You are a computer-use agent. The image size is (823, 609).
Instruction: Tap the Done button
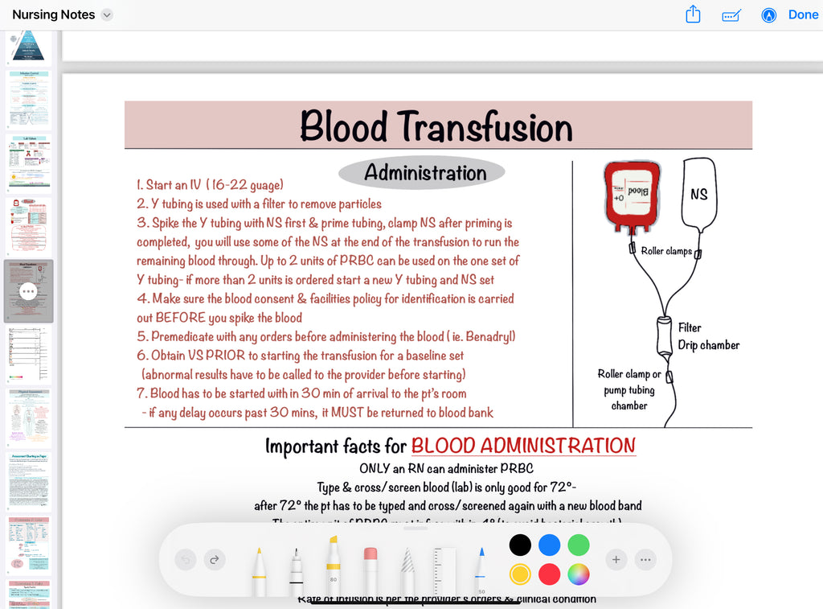(803, 14)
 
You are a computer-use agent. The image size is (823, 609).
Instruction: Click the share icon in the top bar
(693, 14)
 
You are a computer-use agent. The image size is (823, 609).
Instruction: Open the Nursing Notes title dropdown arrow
(108, 14)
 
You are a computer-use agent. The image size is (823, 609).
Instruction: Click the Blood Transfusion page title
(436, 127)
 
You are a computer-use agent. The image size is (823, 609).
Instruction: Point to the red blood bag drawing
(633, 192)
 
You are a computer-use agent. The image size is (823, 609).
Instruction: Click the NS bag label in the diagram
(698, 194)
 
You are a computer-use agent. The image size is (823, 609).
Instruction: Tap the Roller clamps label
(666, 251)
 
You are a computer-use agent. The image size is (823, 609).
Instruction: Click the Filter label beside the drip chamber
(690, 327)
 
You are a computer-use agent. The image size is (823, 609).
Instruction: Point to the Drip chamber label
(708, 345)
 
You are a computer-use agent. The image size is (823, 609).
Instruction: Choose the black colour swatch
(520, 545)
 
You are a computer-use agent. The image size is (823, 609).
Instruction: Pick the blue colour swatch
(549, 545)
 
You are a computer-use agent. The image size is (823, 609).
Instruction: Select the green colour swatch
(579, 545)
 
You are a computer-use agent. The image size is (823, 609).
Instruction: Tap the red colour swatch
(549, 574)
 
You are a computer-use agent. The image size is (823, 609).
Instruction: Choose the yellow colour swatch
(520, 574)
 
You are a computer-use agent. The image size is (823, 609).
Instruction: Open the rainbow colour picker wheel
(579, 574)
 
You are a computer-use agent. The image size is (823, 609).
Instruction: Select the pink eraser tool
(371, 566)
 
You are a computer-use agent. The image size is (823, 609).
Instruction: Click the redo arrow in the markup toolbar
(215, 559)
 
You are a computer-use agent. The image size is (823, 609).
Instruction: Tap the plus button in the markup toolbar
(616, 559)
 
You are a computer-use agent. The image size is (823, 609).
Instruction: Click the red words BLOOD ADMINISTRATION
(523, 446)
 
